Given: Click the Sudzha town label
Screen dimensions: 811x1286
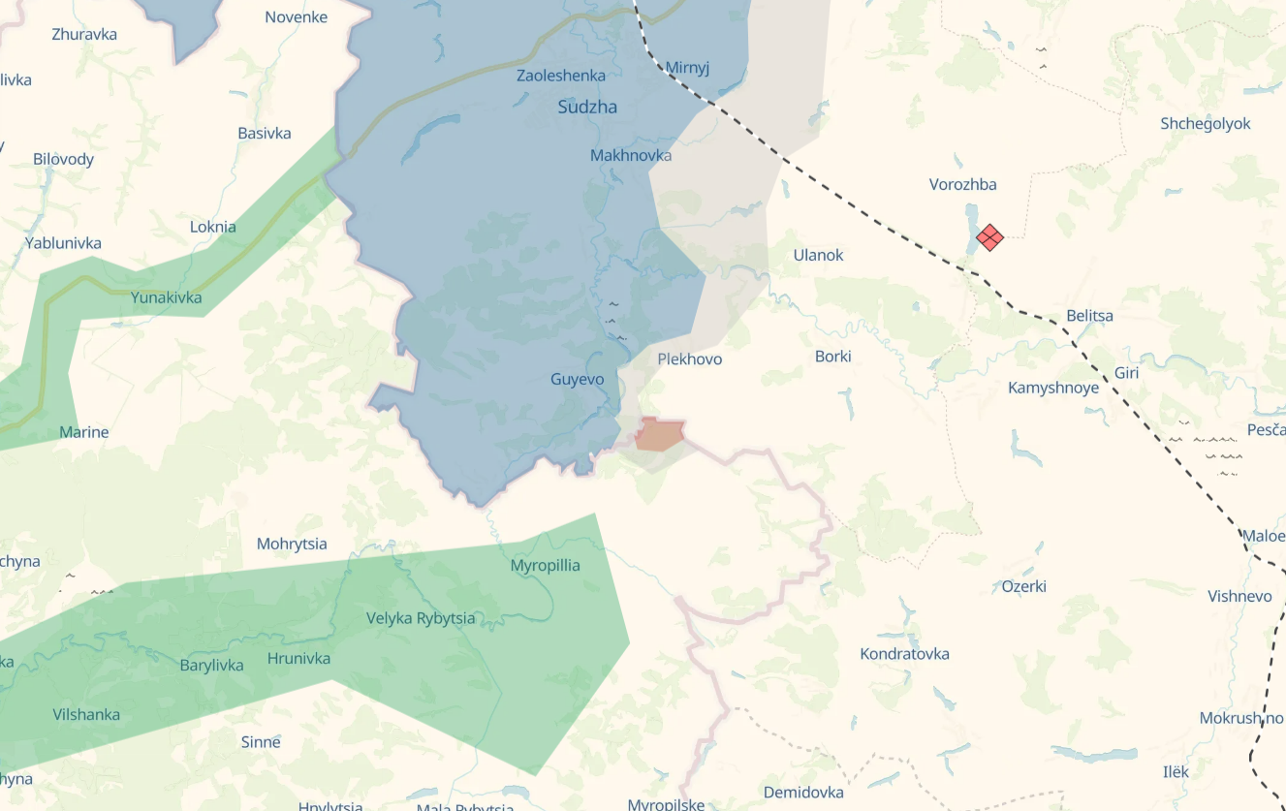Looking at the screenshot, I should coord(587,108).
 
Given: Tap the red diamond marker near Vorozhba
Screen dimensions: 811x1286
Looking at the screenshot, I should coord(989,236).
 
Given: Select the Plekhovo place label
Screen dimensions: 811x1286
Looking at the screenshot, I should coord(689,359).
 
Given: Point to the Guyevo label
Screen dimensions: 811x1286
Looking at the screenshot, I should coord(577,380).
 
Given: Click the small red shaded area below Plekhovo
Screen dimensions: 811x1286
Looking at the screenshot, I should coord(660,435).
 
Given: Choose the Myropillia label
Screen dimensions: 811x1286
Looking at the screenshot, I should coord(545,566).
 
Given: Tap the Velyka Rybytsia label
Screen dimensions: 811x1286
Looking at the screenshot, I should coord(421,618).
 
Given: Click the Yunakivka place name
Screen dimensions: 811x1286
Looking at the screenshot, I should coord(167,297).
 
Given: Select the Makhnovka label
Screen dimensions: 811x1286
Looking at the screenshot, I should coord(630,155).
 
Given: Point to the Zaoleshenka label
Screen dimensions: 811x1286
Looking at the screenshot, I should coord(561,76).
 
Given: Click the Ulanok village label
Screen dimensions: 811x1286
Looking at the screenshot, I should coord(818,256).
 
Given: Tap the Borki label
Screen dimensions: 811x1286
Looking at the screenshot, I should coord(832,357).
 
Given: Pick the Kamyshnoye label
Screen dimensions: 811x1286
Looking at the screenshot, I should coord(1053,389).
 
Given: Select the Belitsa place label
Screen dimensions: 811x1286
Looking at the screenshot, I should coord(1089,316).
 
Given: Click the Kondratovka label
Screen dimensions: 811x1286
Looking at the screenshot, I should coord(904,654).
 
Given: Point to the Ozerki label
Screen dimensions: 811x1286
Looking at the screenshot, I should coord(1023,587).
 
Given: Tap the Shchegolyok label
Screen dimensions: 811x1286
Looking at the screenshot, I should coord(1205,124).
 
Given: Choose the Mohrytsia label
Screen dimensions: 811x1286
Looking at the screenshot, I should coord(292,545).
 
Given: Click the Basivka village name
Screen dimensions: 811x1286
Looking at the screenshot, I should coord(264,134).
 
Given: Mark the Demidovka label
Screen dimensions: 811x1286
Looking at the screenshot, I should coord(803,793).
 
